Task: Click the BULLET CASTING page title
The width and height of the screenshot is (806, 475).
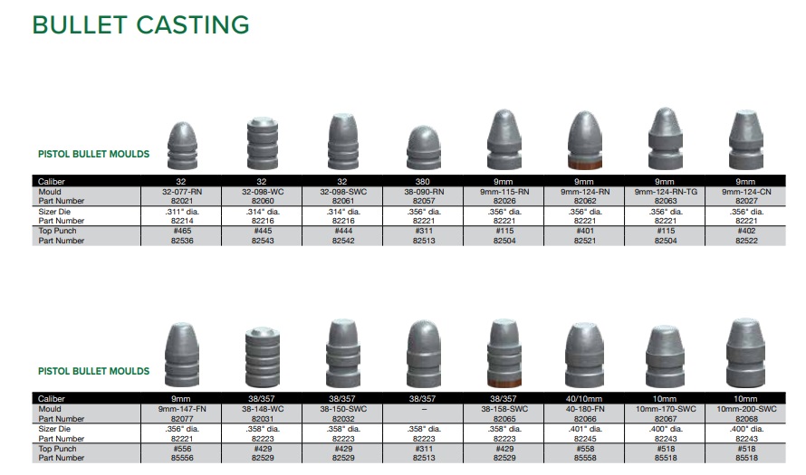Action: pos(141,24)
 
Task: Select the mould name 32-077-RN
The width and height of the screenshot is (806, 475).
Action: pos(182,192)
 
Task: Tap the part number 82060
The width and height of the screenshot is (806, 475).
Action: pos(263,201)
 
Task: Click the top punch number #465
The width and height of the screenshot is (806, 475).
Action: pos(182,231)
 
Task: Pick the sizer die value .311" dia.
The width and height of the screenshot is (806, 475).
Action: pos(182,211)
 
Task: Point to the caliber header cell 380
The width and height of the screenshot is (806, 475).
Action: pos(423,181)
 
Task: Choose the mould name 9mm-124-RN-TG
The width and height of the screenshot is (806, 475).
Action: pos(666,192)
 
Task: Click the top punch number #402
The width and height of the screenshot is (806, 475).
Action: pos(746,231)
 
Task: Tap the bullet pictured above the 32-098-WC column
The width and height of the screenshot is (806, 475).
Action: pos(263,143)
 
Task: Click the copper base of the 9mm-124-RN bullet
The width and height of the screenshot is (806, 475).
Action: pos(585,165)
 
